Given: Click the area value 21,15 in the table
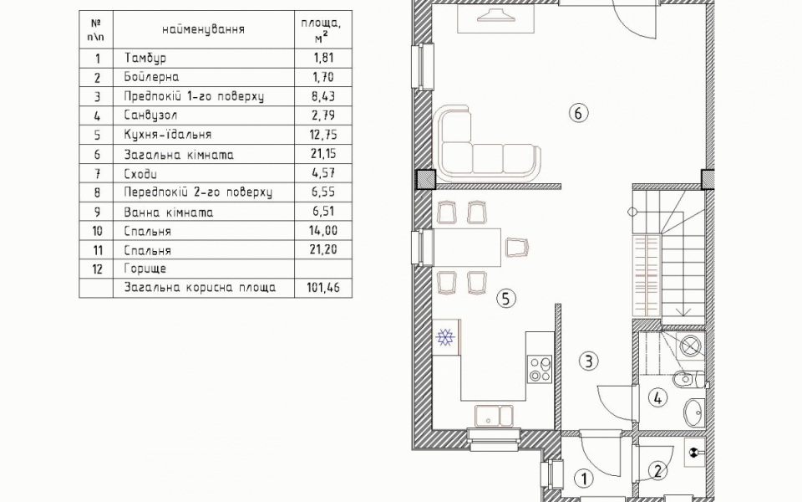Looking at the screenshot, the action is (x=323, y=154).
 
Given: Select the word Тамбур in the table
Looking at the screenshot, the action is (x=145, y=58).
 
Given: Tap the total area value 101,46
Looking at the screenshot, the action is (x=322, y=287).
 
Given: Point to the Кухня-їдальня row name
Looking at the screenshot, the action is (x=168, y=135).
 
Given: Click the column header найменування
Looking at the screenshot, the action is (x=203, y=29).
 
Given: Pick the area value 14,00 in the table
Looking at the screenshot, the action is (x=323, y=231).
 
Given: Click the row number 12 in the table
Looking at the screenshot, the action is (x=97, y=269).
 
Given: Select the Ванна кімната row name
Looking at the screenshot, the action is (x=168, y=212).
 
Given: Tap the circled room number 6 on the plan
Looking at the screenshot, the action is (x=578, y=113).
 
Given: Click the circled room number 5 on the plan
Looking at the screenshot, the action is (x=506, y=299).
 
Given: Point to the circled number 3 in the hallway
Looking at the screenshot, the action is (x=589, y=361).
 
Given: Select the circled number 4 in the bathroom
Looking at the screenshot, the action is (x=657, y=397).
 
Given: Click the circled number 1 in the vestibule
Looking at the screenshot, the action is (x=584, y=479).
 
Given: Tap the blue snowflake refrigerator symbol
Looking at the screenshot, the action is (x=445, y=337).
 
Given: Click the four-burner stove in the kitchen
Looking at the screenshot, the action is (x=541, y=369).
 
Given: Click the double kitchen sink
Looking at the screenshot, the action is (x=494, y=416).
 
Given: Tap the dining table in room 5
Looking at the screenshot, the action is (x=467, y=248).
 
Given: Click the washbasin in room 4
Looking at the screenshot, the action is (x=694, y=410).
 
